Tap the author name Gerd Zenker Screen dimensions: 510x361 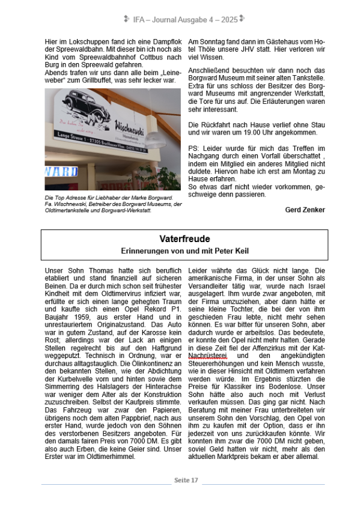tap(305, 210)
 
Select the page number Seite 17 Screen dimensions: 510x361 tap(186, 481)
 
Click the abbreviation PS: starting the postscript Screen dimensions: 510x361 tap(195, 148)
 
